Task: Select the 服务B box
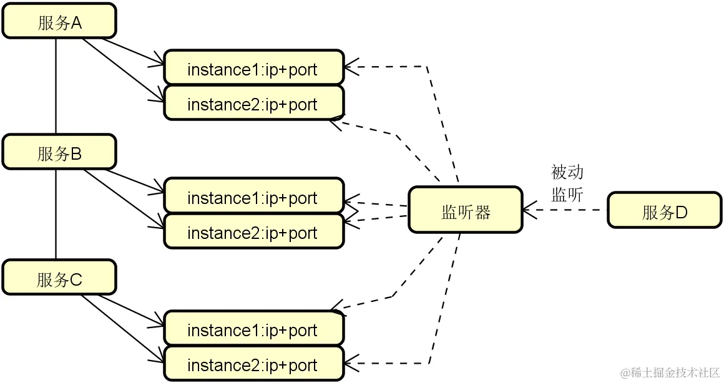59,152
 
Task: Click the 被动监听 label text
567,183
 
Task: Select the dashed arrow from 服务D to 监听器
565,210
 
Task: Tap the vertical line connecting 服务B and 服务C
56,215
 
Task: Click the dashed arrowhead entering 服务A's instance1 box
350,66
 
